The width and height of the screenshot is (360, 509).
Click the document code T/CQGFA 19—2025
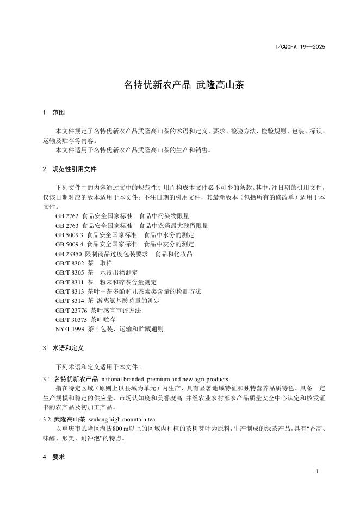(299, 47)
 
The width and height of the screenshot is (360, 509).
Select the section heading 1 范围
(54, 113)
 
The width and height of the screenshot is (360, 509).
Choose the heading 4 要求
(54, 457)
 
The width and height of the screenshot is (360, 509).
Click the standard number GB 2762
(66, 216)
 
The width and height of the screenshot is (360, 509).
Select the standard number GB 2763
(66, 225)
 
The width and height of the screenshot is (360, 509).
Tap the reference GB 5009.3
(69, 235)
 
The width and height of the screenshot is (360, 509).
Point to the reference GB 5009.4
(69, 244)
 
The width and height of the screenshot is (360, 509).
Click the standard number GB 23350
(68, 253)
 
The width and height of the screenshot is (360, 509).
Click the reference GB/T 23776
(71, 310)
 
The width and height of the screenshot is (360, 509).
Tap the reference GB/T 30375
(71, 319)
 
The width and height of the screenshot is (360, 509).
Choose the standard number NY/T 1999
(70, 329)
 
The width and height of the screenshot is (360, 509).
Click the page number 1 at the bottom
(316, 471)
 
